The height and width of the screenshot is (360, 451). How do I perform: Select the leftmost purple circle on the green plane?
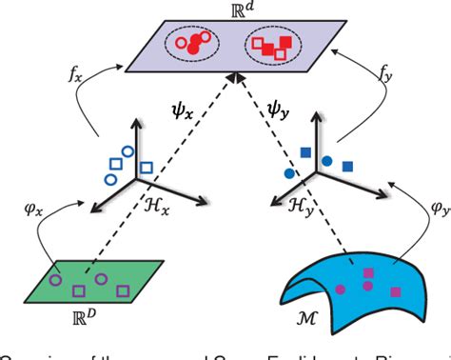pos(54,280)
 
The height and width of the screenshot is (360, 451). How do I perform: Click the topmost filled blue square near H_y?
pos(306,153)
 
